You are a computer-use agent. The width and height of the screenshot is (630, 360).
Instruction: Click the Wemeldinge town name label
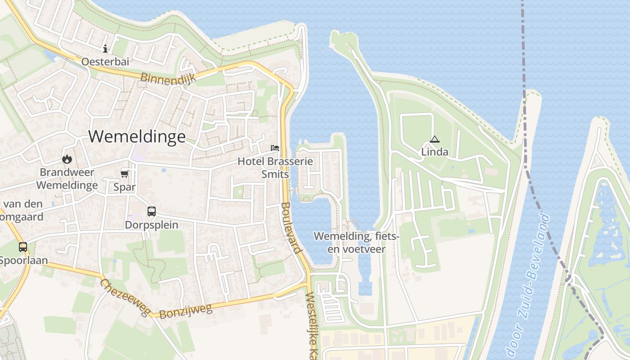[x=137, y=136]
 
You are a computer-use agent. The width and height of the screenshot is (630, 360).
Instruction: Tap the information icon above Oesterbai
[x=105, y=49]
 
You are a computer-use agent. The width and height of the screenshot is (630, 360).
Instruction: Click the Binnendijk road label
[x=168, y=78]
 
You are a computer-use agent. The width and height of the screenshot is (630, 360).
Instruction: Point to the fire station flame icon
[x=67, y=159]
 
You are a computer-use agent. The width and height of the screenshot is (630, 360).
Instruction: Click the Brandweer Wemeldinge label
[x=67, y=179]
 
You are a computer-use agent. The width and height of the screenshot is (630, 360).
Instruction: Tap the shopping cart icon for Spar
[x=124, y=174]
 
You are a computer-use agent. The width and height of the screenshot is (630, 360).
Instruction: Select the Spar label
[x=124, y=187]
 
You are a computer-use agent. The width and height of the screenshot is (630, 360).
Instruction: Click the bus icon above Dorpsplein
[x=152, y=211]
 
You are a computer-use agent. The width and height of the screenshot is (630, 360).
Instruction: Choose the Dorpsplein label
[x=152, y=225]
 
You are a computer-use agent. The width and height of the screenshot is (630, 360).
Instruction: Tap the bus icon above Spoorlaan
[x=23, y=247]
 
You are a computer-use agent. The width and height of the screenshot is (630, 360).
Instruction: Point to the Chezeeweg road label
[x=125, y=297]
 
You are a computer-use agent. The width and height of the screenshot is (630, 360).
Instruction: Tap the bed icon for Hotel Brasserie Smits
[x=274, y=148]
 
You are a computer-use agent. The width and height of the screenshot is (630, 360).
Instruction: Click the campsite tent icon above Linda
[x=434, y=139]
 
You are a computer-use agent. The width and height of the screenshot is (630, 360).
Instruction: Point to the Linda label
[x=435, y=152]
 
